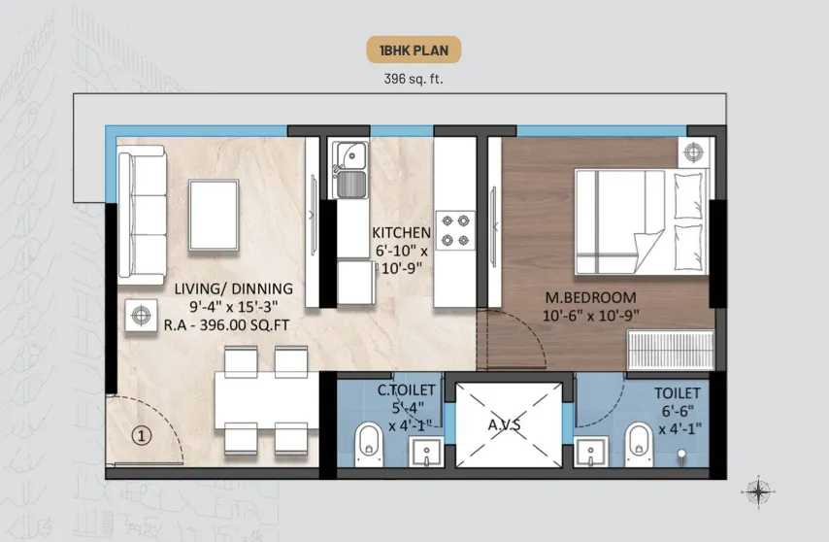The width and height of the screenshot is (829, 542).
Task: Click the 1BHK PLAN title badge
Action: [414, 51]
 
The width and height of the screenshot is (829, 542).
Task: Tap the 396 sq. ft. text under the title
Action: [414, 80]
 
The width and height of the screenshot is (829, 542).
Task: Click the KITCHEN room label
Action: [401, 233]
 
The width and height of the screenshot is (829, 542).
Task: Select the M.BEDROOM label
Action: [590, 297]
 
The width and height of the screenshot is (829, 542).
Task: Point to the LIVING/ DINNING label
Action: [234, 288]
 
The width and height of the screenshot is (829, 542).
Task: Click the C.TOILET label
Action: [406, 390]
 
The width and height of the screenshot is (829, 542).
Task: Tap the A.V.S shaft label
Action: [505, 424]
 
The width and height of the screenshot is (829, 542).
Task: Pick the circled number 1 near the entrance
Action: [141, 436]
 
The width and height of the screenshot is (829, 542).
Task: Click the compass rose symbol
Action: [758, 492]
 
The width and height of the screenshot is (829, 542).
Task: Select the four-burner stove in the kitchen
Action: [455, 230]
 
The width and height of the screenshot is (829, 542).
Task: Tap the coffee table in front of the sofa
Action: [214, 215]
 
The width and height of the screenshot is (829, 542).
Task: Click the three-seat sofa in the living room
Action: [142, 216]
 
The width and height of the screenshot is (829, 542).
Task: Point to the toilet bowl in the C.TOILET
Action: [369, 444]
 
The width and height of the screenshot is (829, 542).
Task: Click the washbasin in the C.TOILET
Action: [426, 453]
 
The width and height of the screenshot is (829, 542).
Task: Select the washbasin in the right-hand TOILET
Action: [590, 453]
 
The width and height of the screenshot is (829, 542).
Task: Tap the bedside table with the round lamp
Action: [693, 152]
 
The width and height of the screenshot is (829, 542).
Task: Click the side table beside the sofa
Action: [141, 316]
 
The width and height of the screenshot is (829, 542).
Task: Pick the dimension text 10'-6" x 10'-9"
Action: [590, 316]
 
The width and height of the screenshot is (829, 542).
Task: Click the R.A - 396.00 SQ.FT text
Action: [226, 324]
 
